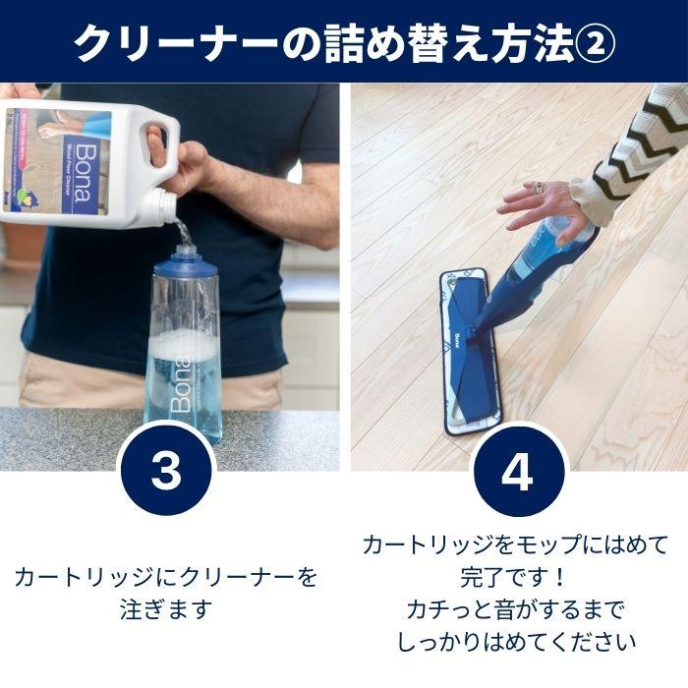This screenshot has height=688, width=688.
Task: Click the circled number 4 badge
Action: pos(516,473)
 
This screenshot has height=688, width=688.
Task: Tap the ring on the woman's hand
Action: pos(539,187)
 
